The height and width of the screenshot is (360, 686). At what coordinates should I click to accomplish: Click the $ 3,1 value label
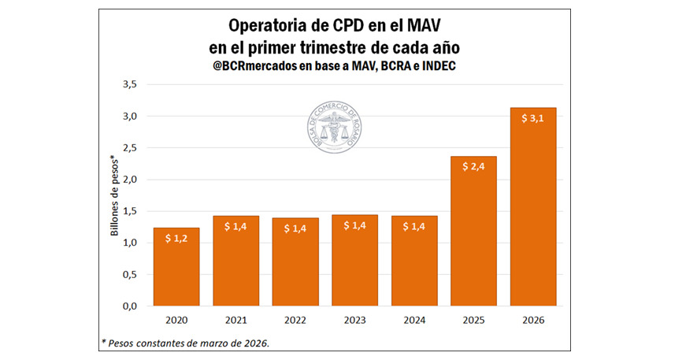[532, 118]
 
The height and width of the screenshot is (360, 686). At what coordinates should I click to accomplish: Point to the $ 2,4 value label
[473, 167]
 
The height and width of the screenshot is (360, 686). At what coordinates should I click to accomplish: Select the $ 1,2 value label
[176, 237]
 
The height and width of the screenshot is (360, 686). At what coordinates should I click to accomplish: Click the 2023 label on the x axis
[354, 321]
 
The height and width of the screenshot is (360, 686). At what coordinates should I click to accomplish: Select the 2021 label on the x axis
[235, 321]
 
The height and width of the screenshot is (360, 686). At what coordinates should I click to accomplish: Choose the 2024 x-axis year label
[414, 321]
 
